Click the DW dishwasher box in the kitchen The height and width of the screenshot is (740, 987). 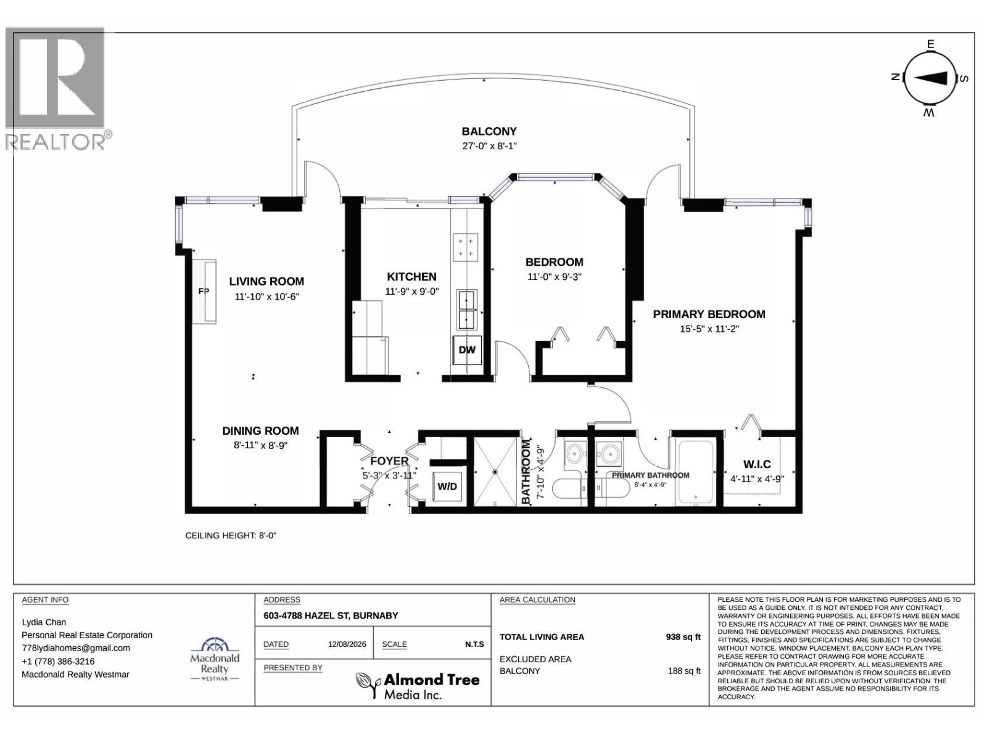pyautogui.click(x=467, y=350)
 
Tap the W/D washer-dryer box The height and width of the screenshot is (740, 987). pyautogui.click(x=447, y=487)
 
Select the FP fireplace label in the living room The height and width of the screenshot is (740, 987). pyautogui.click(x=204, y=291)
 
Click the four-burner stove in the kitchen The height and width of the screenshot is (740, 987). pyautogui.click(x=465, y=247)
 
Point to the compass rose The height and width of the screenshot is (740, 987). pyautogui.click(x=930, y=78)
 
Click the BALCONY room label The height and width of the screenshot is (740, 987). pyautogui.click(x=489, y=131)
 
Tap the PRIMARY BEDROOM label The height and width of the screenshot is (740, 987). pyautogui.click(x=709, y=314)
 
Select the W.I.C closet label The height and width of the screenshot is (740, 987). pyautogui.click(x=758, y=464)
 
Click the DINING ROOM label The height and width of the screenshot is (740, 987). pyautogui.click(x=260, y=431)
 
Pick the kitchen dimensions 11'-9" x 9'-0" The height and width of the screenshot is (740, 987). pyautogui.click(x=412, y=291)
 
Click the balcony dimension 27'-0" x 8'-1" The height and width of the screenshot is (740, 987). pyautogui.click(x=489, y=146)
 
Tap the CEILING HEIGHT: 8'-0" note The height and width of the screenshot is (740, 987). pyautogui.click(x=231, y=535)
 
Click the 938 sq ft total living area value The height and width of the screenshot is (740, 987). pyautogui.click(x=683, y=636)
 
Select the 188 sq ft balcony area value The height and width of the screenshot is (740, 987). pyautogui.click(x=684, y=671)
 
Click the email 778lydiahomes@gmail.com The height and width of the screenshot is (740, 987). pyautogui.click(x=76, y=648)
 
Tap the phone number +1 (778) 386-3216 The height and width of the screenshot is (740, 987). pyautogui.click(x=58, y=661)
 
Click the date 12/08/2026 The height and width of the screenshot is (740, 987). pyautogui.click(x=347, y=644)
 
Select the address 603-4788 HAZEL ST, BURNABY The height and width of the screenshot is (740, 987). pyautogui.click(x=331, y=615)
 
